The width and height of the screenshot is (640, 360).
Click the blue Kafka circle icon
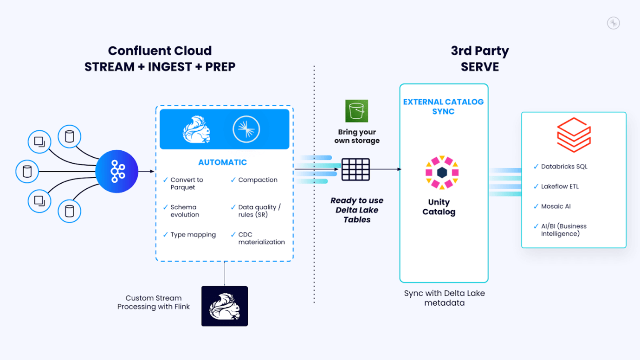click(x=116, y=172)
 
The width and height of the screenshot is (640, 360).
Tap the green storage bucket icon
click(x=356, y=111)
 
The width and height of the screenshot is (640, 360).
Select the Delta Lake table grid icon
click(x=356, y=169)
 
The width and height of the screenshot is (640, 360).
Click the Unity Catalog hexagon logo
click(x=442, y=173)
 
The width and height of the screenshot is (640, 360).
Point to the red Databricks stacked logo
click(x=574, y=135)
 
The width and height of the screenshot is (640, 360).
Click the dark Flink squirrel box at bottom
click(x=225, y=306)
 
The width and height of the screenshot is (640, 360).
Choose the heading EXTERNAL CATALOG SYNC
click(x=443, y=107)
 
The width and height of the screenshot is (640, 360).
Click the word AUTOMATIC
click(x=222, y=162)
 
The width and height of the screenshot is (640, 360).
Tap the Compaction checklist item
click(x=258, y=180)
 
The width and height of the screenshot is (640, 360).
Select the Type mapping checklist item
click(x=193, y=235)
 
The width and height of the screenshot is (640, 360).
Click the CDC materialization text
click(x=261, y=238)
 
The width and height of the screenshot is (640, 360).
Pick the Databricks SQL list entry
click(x=564, y=167)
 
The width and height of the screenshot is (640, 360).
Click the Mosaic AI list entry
click(x=556, y=206)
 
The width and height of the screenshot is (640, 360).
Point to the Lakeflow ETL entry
click(x=560, y=186)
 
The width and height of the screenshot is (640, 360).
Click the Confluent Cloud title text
click(x=160, y=51)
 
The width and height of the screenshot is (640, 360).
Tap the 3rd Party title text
click(x=479, y=51)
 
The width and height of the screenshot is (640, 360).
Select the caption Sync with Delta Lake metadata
click(x=444, y=298)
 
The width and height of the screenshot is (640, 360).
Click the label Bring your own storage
click(x=357, y=136)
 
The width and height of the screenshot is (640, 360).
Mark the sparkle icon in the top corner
click(x=614, y=23)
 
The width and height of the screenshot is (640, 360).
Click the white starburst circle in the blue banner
click(x=246, y=129)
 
